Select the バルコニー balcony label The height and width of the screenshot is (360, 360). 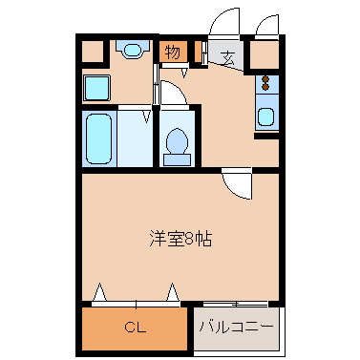click(236, 327)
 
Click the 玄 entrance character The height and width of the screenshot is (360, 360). click(228, 57)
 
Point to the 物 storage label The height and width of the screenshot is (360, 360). click(172, 53)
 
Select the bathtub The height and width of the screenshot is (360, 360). click(99, 138)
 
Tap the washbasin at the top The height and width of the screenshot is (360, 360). click(131, 50)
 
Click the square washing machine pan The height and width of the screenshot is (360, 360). click(96, 88)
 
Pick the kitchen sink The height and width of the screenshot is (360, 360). click(265, 118)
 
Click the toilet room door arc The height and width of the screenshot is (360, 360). click(172, 93)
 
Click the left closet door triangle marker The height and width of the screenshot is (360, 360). click(98, 292)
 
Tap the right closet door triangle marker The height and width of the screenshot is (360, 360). click(173, 292)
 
